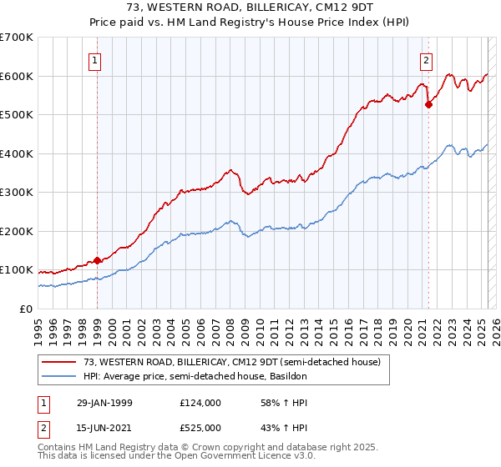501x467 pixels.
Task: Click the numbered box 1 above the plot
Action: click(96, 60)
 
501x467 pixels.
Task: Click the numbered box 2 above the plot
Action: click(426, 60)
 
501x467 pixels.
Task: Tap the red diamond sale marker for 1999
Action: click(98, 261)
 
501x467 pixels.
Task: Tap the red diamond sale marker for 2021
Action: click(428, 105)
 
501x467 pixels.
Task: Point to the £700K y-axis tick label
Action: click(17, 38)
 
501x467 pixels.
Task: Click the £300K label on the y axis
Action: click(17, 192)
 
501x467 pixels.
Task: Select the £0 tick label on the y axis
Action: click(26, 309)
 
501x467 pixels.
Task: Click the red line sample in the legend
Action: click(59, 362)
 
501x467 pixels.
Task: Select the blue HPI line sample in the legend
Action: click(59, 376)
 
